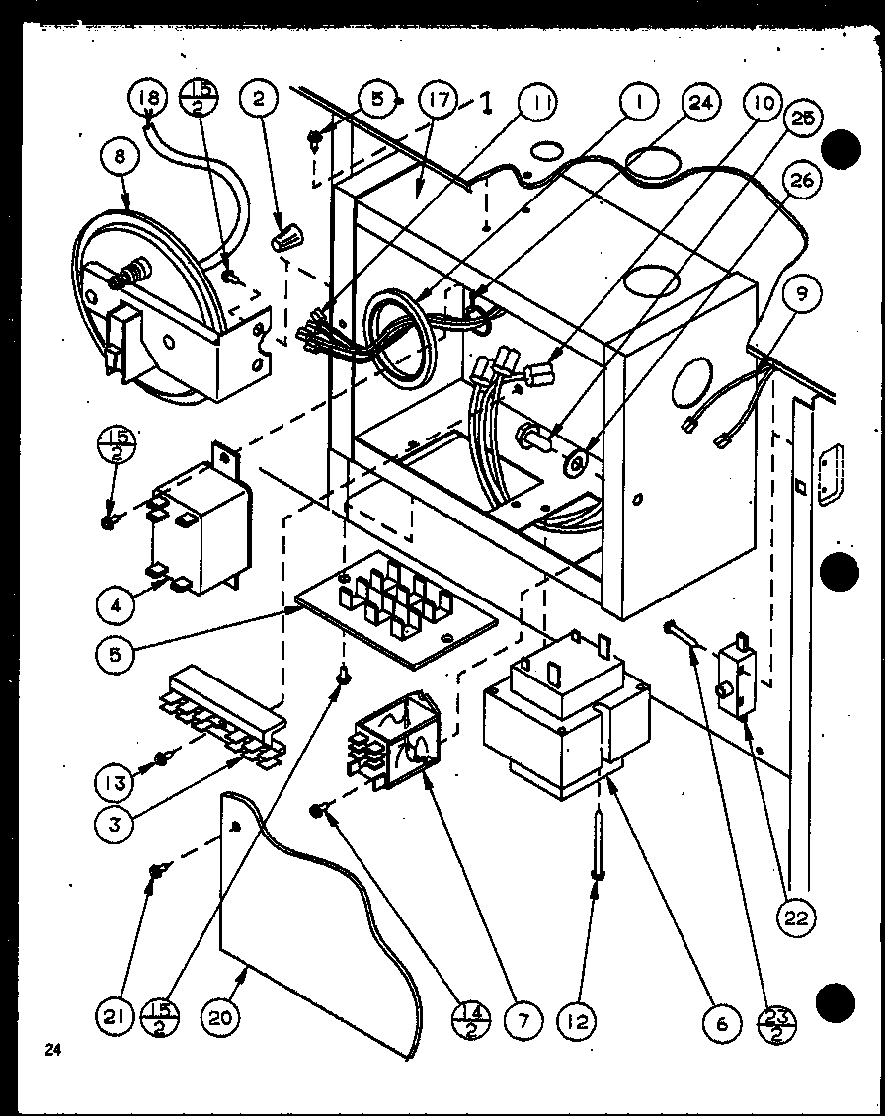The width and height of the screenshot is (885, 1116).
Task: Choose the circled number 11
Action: point(539,102)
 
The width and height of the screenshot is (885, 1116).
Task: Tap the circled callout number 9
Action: point(802,292)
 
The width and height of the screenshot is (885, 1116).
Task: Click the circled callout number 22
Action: point(796,917)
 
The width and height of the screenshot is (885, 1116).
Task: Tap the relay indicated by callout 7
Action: point(395,741)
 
